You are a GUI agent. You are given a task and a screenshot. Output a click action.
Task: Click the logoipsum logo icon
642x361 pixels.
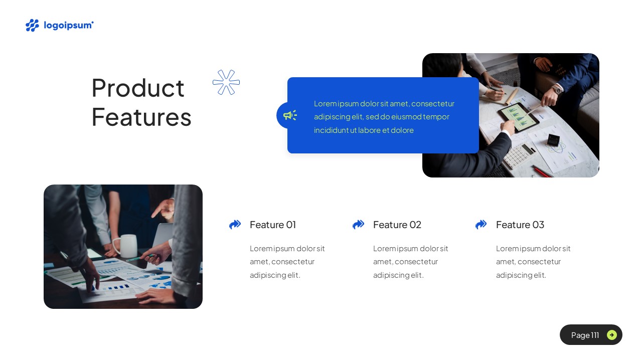[32, 25]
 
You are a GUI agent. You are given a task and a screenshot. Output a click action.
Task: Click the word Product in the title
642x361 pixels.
[138, 88]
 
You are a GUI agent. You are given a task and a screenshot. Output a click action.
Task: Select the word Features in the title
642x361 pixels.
[141, 117]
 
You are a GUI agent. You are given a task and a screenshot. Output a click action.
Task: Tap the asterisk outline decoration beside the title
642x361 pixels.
[226, 82]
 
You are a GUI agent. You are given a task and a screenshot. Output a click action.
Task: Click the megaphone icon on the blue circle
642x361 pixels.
[289, 115]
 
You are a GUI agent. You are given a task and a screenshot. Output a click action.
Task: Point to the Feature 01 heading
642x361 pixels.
[273, 225]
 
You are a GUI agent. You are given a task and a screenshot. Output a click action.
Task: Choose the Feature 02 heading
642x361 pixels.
[397, 225]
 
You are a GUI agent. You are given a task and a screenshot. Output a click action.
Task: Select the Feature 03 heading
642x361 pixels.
[520, 225]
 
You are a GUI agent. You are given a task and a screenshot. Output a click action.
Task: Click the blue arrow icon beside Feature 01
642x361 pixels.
[235, 225]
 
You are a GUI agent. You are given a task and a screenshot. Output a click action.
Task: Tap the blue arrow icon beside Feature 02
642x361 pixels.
[358, 225]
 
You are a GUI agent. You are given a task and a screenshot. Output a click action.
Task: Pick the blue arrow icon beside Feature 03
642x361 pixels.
[481, 225]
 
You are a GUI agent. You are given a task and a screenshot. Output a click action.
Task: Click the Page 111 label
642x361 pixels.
[585, 335]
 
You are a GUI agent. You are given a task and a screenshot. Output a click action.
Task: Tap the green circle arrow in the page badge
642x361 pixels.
[612, 335]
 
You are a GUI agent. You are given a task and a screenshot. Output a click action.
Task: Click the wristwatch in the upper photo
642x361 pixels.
[557, 90]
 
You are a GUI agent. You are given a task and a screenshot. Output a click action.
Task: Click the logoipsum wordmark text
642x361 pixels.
[69, 25]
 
